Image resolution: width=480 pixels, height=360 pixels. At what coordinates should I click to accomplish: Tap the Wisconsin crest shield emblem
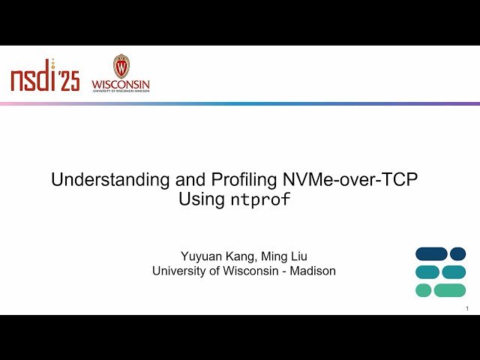point(121,66)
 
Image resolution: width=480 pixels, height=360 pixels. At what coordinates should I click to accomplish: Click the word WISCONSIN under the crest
point(121,84)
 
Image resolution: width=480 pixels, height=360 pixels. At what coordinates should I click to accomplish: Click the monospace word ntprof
point(259,199)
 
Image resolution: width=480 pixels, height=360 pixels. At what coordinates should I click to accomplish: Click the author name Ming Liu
point(283,256)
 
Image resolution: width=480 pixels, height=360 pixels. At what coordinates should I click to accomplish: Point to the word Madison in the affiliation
point(314,271)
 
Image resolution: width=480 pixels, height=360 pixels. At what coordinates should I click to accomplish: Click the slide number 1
point(467,309)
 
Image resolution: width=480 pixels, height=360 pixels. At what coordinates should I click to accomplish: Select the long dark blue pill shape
point(431,253)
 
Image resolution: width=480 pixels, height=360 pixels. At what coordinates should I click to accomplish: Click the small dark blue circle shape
point(457,253)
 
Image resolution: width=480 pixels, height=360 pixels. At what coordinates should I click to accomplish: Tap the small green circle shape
point(424,289)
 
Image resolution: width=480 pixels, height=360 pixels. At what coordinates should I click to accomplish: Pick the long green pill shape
point(450,289)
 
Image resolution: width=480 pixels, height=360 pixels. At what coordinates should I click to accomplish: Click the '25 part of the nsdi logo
point(69,81)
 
